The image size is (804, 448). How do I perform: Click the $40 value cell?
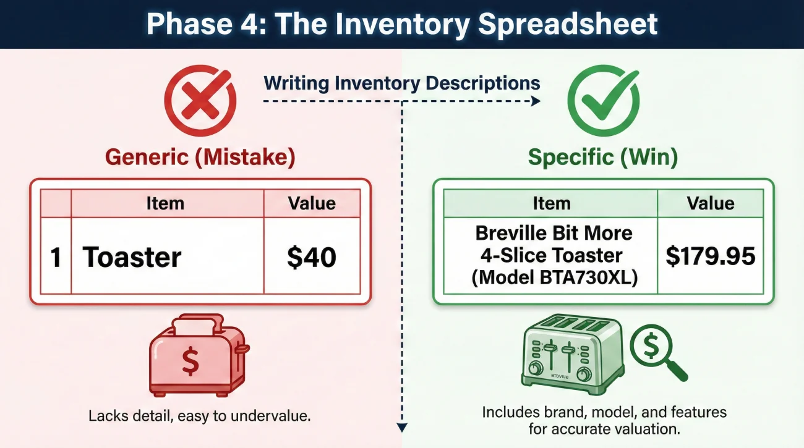pos(312,257)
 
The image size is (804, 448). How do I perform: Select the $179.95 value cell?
pos(711,256)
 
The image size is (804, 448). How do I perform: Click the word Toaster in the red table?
pos(132,257)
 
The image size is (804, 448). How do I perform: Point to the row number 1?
pos(56,257)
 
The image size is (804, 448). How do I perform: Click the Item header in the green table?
pos(551,203)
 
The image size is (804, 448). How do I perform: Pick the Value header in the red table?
pos(312,203)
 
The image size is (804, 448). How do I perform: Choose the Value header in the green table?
pos(711,203)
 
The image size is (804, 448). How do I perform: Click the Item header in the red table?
pos(165,203)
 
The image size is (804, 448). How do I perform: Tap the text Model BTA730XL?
pos(555,277)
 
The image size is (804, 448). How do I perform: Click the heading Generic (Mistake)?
pos(200,157)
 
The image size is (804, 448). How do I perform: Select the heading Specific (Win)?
pos(603,157)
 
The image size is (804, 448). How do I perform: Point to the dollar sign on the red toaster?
pos(190,361)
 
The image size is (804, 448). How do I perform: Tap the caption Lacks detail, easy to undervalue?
pos(199,416)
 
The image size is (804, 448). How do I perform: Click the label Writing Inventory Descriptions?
pos(402,83)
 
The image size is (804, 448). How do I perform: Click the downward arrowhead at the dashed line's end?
pos(402,427)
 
